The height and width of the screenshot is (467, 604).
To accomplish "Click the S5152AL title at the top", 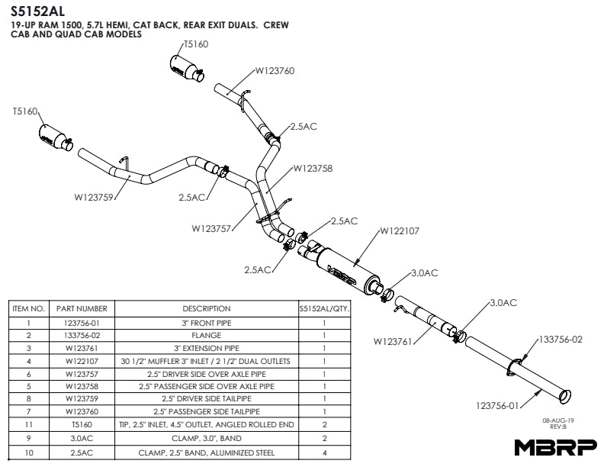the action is (37, 11).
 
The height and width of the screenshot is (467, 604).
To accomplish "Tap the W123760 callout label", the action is (275, 70).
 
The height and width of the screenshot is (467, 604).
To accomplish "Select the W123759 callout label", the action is (94, 198).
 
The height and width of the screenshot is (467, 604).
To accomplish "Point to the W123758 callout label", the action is (313, 169).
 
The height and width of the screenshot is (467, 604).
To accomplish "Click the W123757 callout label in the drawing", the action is (211, 228).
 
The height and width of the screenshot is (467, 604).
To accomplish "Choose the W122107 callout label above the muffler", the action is (400, 230).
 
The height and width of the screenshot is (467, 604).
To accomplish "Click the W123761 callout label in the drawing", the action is (393, 341).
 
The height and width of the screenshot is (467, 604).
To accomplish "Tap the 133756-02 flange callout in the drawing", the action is (561, 340).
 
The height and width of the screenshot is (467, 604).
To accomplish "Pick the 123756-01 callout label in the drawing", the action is (497, 406).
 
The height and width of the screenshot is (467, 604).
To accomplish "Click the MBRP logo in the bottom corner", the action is (556, 447).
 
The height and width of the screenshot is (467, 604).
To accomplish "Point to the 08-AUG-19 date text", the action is (558, 420).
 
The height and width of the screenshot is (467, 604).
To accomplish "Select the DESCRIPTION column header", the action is (207, 308).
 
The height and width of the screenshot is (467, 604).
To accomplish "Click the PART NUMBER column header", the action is (82, 308).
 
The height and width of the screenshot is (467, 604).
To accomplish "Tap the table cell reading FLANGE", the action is (207, 335).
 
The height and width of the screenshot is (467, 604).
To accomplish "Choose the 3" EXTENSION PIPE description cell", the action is (207, 348).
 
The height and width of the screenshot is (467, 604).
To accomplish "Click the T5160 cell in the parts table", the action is (82, 424).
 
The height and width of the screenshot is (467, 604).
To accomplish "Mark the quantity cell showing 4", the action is (324, 453).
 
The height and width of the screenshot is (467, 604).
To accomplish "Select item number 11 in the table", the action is (28, 424).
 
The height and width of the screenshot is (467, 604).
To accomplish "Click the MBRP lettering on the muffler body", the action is (342, 275).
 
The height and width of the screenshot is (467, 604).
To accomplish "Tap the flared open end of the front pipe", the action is (565, 397).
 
